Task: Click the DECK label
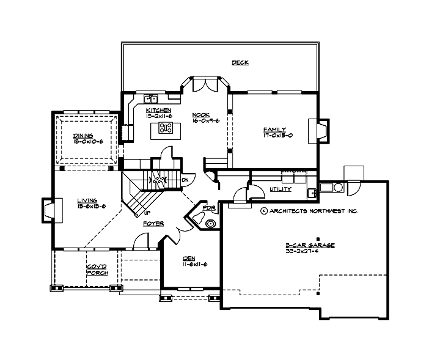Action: [x=240, y=62]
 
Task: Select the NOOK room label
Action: [x=200, y=114]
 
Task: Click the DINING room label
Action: [x=83, y=135]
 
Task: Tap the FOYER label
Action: [x=153, y=224]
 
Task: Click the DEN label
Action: [x=189, y=257]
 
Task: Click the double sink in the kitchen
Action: [x=150, y=98]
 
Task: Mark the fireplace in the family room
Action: [x=320, y=129]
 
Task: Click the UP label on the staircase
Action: [x=147, y=213]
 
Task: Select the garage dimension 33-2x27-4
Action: [x=310, y=251]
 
